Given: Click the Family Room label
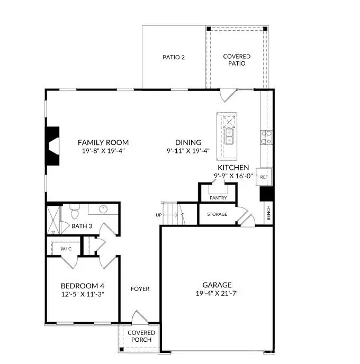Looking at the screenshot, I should pos(103,142).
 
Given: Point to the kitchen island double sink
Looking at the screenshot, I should pos(229,139).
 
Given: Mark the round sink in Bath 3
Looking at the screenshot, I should pos(103,209).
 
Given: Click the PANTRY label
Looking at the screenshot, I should pos(218,198).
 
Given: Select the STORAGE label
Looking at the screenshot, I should pos(217,214).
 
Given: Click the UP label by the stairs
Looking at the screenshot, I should pos(158,215).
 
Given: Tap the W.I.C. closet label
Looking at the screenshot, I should pos(66,248).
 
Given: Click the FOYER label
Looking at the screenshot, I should pos(140,289).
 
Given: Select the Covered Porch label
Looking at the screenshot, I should pos(140,336).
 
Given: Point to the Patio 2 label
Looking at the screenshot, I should pos(173,57).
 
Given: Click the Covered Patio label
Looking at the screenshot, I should pos(237,60).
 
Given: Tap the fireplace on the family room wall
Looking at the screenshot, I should pos(53,147).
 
